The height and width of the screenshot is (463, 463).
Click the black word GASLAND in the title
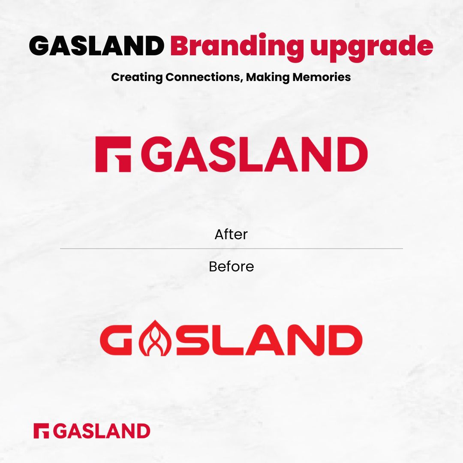point(96,46)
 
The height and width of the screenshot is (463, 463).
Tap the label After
point(231,235)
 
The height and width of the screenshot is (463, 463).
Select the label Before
point(231,267)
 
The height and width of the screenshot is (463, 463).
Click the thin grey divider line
point(231,249)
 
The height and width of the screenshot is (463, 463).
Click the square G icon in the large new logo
point(113,154)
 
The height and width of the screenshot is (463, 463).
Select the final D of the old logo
point(346,341)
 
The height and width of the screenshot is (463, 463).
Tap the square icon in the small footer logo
point(42,431)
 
